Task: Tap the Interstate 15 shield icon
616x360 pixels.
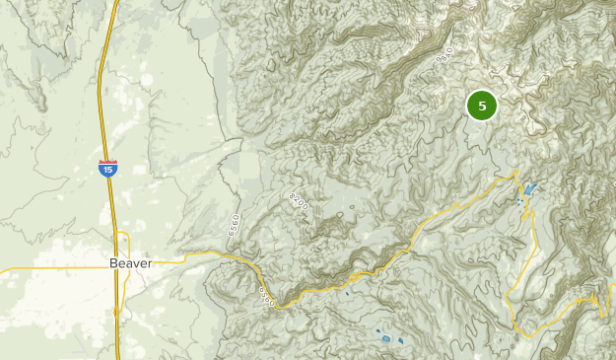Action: point(107,170)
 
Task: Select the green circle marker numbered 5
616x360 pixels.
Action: point(482,106)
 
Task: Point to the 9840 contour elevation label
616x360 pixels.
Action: point(445,56)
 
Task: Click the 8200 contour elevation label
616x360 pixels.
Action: point(299,201)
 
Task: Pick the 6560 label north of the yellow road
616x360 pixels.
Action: point(234,224)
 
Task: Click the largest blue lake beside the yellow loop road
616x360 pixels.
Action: point(530,188)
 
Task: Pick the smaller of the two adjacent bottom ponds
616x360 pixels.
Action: point(401,342)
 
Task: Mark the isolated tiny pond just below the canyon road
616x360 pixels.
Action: point(347,292)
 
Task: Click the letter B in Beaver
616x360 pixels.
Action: point(113,264)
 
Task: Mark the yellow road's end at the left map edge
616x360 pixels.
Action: point(2,267)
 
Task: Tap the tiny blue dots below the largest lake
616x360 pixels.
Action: point(520,202)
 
